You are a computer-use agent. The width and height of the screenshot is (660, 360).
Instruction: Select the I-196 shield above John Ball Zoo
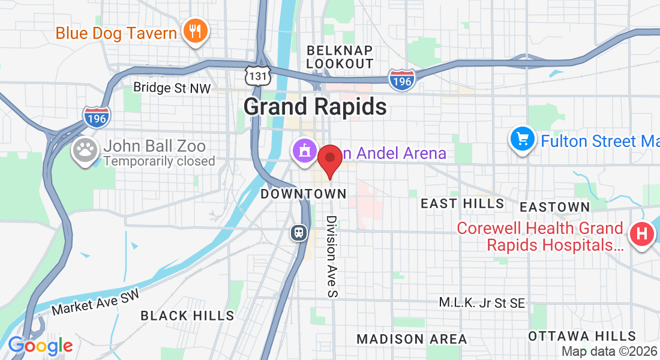pos(96,116)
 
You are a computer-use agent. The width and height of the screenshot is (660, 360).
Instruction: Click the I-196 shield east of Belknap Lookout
pos(401,80)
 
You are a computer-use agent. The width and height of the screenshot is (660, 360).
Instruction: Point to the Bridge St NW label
pos(172,88)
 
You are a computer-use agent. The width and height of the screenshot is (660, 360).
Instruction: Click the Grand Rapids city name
pos(315,107)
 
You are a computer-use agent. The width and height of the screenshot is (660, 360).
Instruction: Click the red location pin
pos(329,160)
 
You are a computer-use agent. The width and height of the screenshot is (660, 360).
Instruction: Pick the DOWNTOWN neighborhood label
pos(304,194)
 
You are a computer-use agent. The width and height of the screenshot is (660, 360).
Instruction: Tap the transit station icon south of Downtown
pos(298,232)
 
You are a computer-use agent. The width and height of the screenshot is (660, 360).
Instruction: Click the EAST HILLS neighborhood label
pos(462,204)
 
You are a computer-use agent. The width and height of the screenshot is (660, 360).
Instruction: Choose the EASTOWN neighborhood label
pos(554,207)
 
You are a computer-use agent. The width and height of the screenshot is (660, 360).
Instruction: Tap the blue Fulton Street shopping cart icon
pos(523,139)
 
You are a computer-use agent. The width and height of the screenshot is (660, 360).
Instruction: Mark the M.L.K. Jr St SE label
pos(482,303)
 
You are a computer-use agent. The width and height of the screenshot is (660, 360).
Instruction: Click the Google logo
pos(40,346)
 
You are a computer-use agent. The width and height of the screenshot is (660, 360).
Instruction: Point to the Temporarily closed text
pos(159,161)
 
